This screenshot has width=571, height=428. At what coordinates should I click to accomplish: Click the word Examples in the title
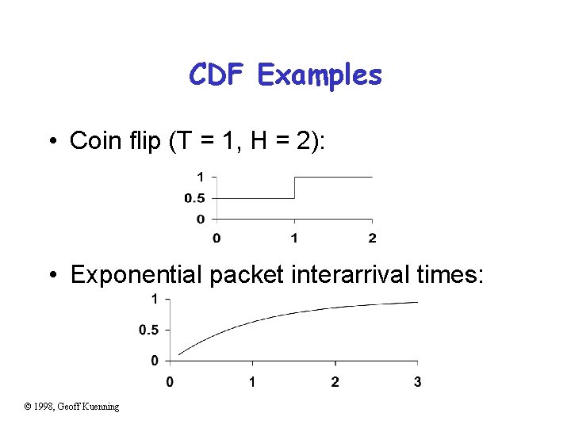[x=320, y=76]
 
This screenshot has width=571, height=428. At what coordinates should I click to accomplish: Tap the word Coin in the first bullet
[x=91, y=140]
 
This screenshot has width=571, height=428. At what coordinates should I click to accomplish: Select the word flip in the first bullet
[x=132, y=140]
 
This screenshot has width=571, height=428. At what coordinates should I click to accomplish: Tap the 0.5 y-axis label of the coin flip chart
[x=195, y=198]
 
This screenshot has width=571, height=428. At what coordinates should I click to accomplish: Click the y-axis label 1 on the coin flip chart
[x=201, y=176]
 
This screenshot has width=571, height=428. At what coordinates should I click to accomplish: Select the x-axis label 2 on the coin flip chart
[x=372, y=238]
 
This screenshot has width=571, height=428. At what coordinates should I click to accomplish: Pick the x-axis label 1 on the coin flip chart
[x=294, y=238]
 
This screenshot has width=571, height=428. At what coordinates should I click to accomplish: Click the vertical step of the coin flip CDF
[x=294, y=188]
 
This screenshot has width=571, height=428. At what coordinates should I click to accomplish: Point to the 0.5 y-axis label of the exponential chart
[x=148, y=330]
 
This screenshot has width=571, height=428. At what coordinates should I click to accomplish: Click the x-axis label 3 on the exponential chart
[x=417, y=382]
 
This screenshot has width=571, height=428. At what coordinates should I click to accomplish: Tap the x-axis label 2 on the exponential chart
[x=335, y=382]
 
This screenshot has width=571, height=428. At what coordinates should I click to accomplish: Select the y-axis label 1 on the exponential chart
[x=154, y=299]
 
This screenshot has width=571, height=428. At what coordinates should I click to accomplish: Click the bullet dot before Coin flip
[x=52, y=142]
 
